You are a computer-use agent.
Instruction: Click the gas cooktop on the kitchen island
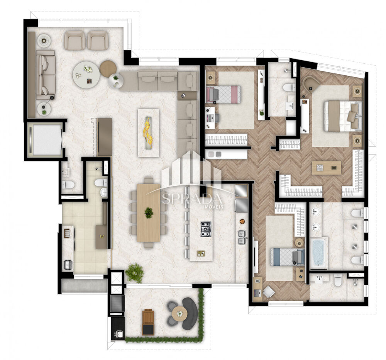pyautogui.click(x=206, y=229)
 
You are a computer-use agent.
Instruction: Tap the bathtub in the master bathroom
pyautogui.click(x=319, y=253)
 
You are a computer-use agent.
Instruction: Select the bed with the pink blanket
pyautogui.click(x=223, y=93)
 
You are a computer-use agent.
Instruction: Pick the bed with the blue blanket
pyautogui.click(x=287, y=257)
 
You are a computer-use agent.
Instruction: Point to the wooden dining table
pyautogui.click(x=149, y=213)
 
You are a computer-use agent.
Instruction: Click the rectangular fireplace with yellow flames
pyautogui.click(x=149, y=133)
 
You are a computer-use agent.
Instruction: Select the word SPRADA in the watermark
pyautogui.click(x=192, y=199)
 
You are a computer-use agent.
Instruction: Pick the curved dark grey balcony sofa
pyautogui.click(x=191, y=313)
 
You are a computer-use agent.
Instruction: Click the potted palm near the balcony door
pyautogui.click(x=134, y=273)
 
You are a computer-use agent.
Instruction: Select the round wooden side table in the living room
pyautogui.click(x=108, y=68)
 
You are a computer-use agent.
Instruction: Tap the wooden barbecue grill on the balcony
pyautogui.click(x=148, y=322)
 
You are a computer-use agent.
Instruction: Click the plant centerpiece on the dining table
pyautogui.click(x=149, y=213)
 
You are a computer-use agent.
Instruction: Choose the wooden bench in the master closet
pyautogui.click(x=327, y=168)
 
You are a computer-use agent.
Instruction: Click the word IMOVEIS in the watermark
pyautogui.click(x=213, y=207)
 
